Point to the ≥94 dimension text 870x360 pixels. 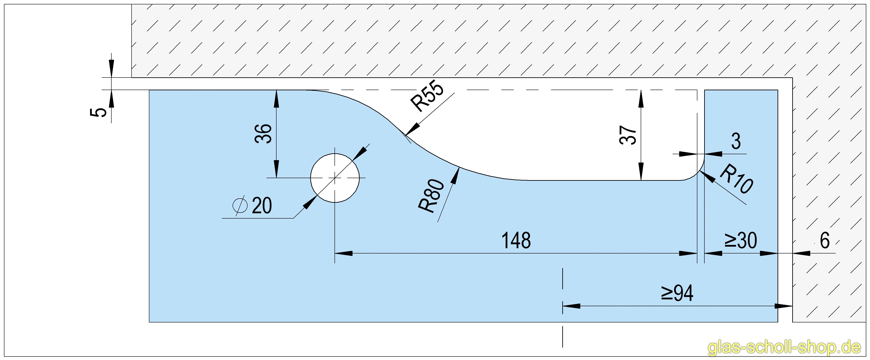tap(677, 293)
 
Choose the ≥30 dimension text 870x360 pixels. tap(740, 241)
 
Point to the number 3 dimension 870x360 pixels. tap(736, 141)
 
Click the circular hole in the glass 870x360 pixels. tap(335, 178)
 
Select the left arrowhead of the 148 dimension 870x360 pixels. tap(343, 253)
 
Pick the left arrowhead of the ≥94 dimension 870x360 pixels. tap(571, 306)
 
